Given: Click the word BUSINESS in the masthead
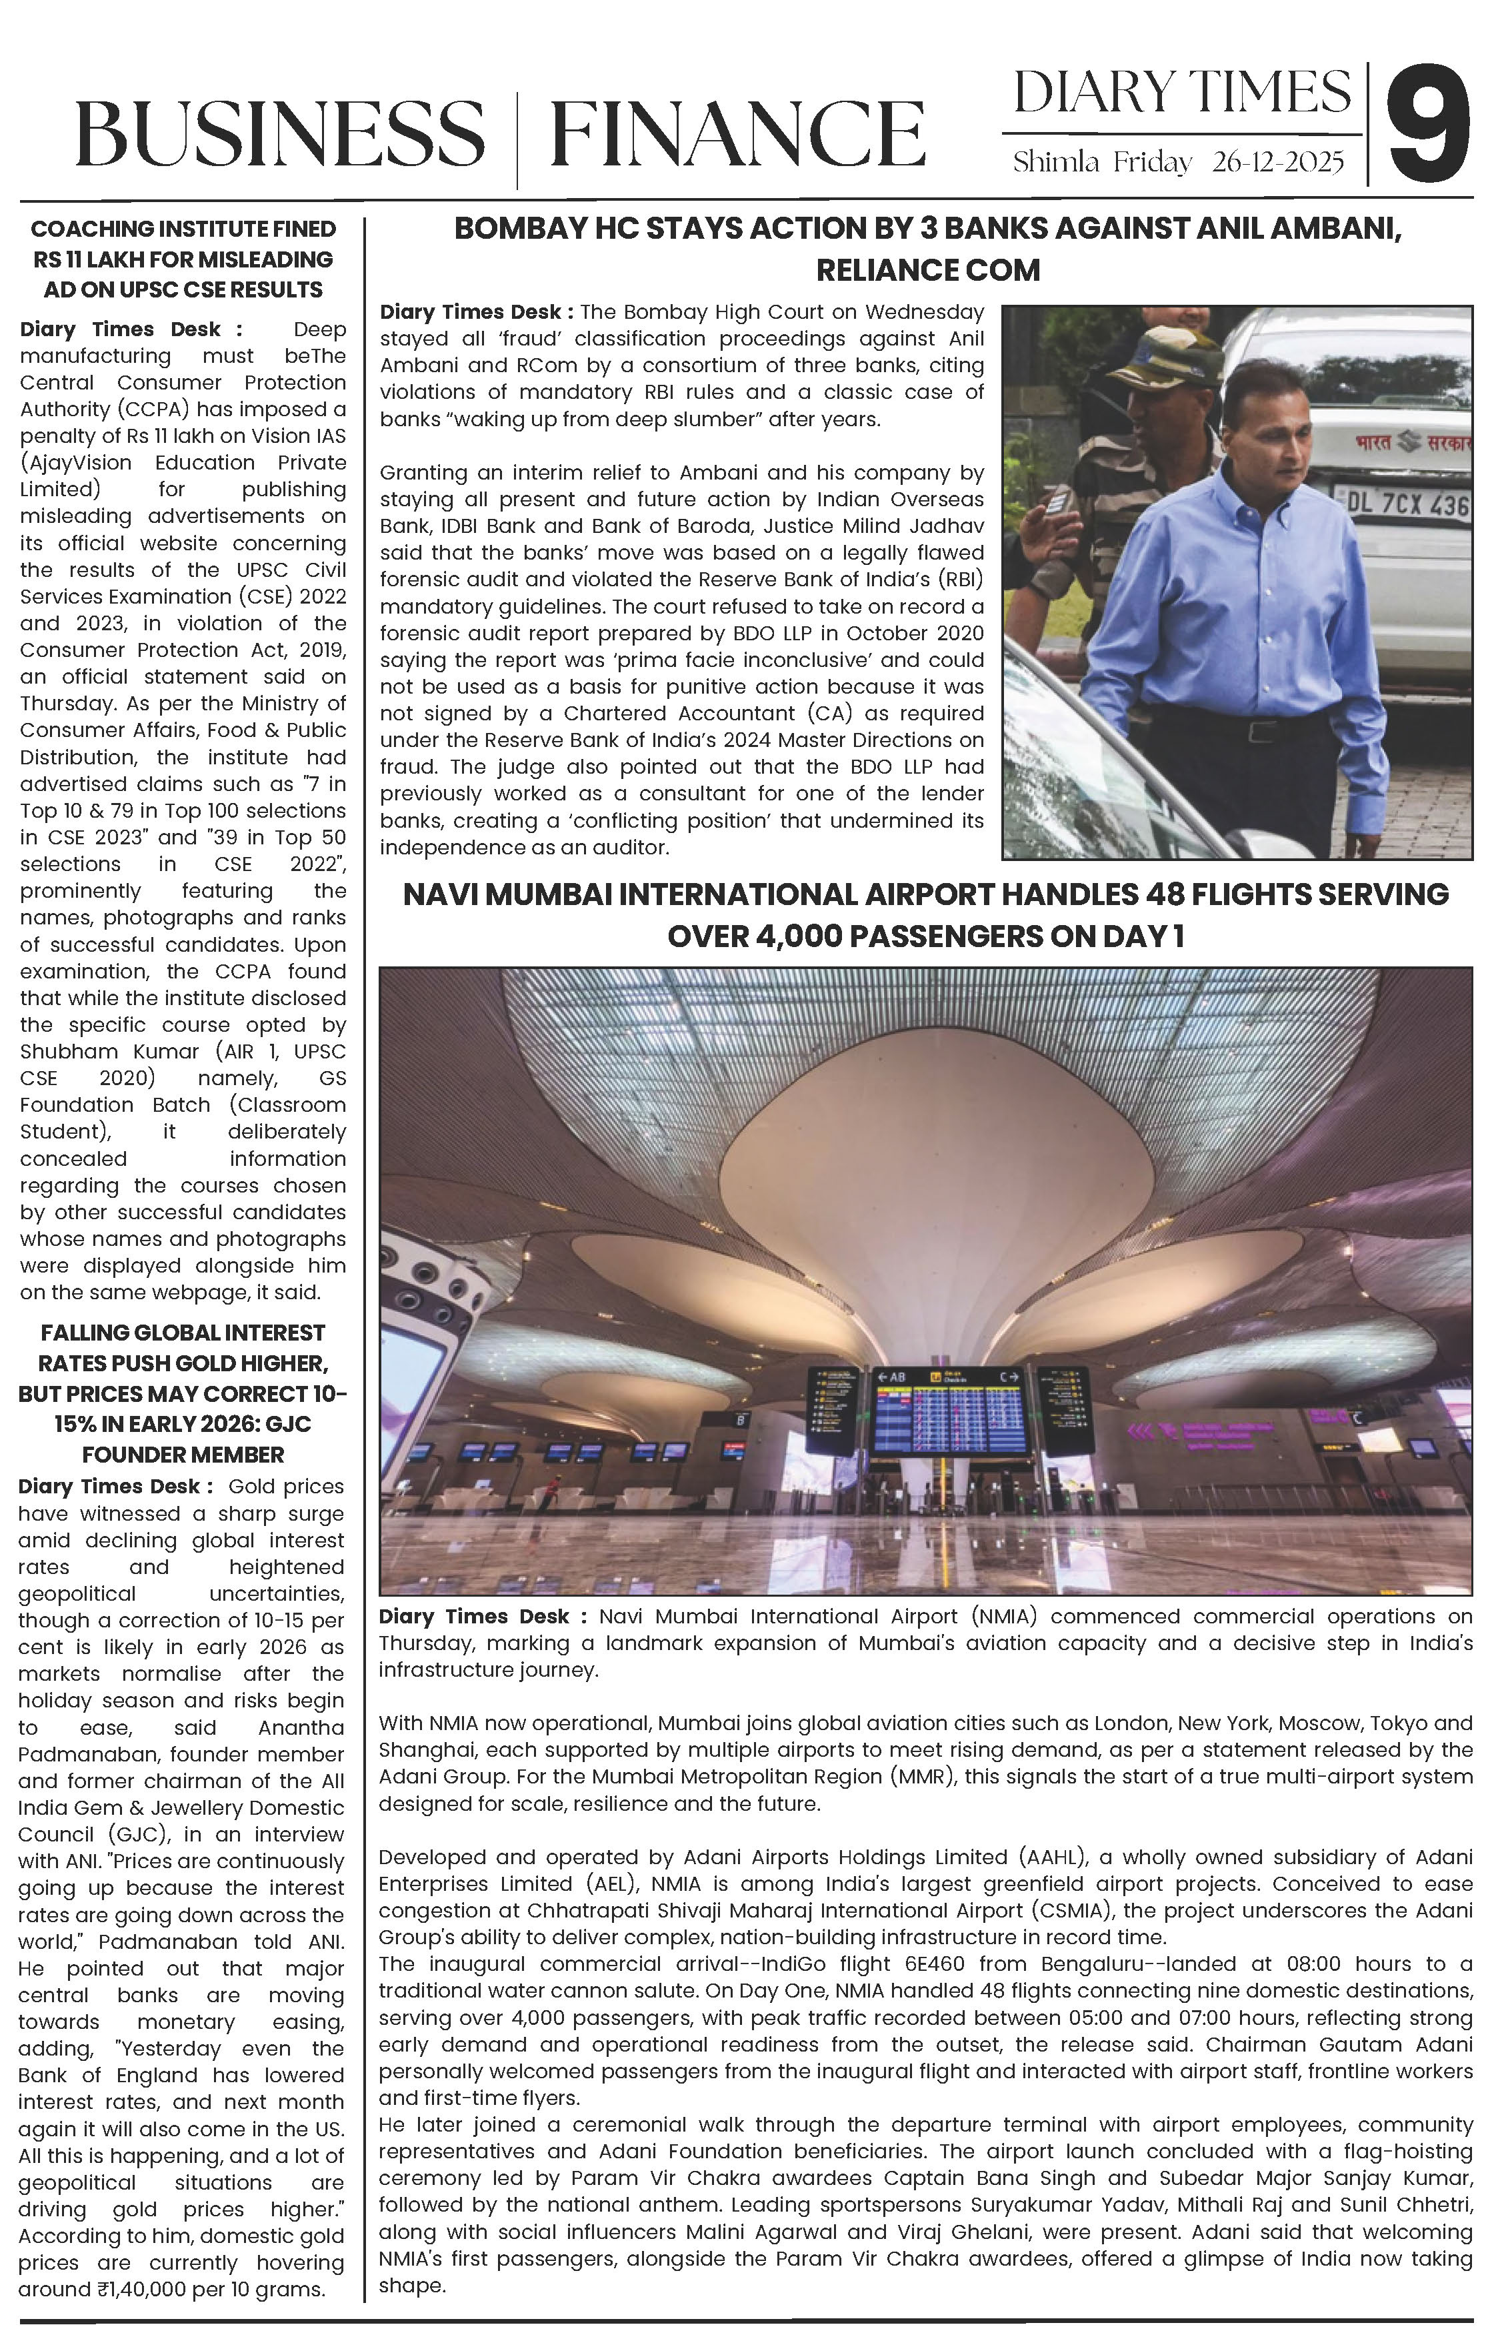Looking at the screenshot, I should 280,134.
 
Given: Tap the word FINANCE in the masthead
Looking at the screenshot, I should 737,134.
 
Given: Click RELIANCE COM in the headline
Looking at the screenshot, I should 927,270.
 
